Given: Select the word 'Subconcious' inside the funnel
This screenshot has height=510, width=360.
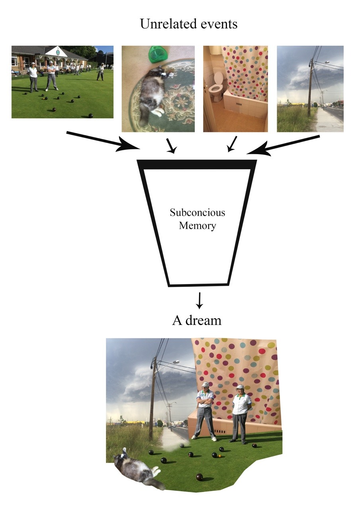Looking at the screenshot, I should (x=197, y=212).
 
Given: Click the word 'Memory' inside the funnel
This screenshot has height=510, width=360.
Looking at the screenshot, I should (x=197, y=226).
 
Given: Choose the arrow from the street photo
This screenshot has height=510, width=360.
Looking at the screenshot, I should (x=283, y=144).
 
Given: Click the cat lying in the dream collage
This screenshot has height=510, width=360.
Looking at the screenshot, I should (x=137, y=468).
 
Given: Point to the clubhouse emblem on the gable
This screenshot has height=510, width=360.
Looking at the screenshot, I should (x=58, y=52).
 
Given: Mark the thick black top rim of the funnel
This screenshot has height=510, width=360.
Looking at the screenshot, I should (x=197, y=164).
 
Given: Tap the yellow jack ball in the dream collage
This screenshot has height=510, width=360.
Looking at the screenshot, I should (x=219, y=455).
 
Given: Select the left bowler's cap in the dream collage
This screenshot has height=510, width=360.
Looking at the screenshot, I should (x=205, y=384).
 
